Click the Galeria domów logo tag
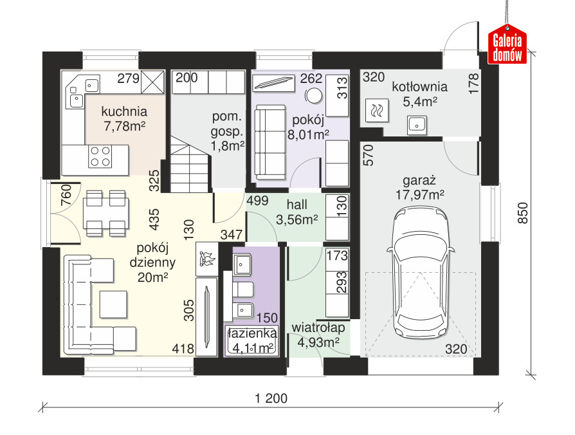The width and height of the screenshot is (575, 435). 507,44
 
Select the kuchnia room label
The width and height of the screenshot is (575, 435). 124,111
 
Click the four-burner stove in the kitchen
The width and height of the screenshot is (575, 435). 100,156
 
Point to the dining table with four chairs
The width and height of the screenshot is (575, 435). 106,213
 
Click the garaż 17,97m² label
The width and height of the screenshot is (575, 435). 419,188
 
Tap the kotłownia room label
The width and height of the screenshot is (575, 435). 419,87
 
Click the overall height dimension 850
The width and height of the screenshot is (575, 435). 522,213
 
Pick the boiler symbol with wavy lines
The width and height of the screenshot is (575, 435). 377,110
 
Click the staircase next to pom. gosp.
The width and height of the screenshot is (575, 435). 190,164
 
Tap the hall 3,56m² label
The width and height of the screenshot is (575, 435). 297,212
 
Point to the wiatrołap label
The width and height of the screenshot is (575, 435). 318,328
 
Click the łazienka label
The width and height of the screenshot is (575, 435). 252,333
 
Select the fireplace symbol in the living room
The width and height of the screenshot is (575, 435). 206,259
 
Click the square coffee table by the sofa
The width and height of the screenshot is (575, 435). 113,304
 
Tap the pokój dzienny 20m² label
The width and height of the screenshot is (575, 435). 152,263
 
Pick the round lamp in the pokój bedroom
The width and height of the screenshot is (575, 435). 314,96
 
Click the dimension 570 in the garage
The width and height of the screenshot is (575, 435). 369,155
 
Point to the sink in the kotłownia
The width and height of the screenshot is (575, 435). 417,125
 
